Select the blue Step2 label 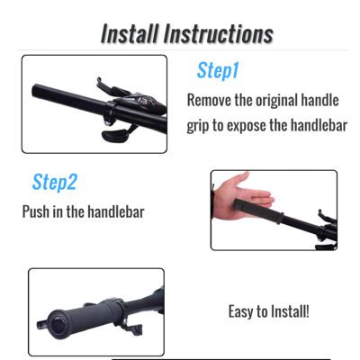click(55, 183)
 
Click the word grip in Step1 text click(202, 125)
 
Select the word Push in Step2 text click(39, 212)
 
